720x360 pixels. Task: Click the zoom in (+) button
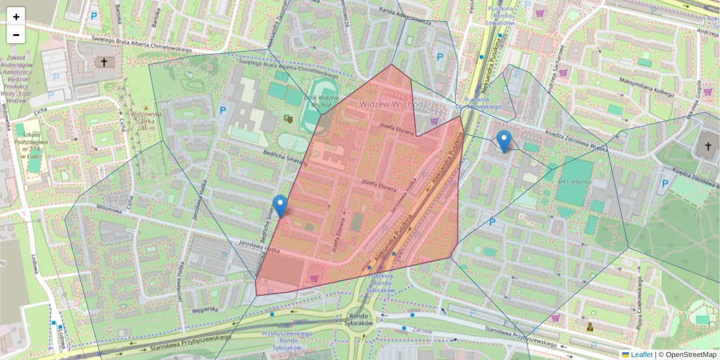16,17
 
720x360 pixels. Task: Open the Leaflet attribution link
641,355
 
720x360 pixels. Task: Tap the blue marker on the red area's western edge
280,206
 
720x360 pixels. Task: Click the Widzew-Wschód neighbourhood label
391,104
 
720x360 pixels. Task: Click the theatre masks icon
289,118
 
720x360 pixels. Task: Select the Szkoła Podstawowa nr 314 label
34,145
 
